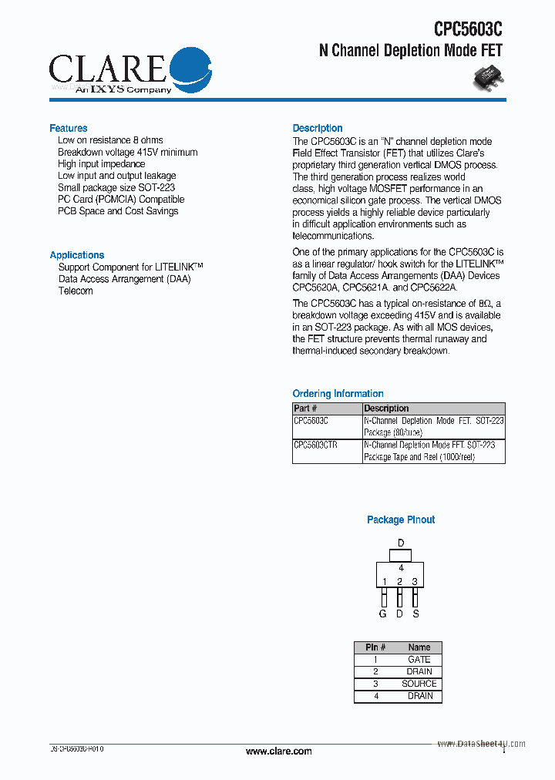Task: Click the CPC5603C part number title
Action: tap(467, 29)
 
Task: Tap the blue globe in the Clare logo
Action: tap(189, 68)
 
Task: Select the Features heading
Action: tap(69, 128)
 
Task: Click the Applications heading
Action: tap(77, 255)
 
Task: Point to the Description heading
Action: tap(318, 128)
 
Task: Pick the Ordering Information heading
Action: tap(338, 394)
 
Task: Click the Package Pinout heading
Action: tap(401, 520)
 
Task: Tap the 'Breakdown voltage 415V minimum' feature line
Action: tap(127, 153)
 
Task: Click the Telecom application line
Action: tap(76, 291)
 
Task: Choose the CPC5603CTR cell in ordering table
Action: tap(316, 445)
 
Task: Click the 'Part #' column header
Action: tap(305, 408)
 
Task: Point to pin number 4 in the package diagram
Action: tap(401, 568)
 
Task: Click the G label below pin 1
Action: tap(383, 614)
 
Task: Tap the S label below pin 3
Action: tap(415, 614)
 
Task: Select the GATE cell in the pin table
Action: tap(419, 660)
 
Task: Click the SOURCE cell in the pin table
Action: tap(419, 684)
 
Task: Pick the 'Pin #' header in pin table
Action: tap(375, 647)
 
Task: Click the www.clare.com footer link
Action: tap(278, 751)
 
